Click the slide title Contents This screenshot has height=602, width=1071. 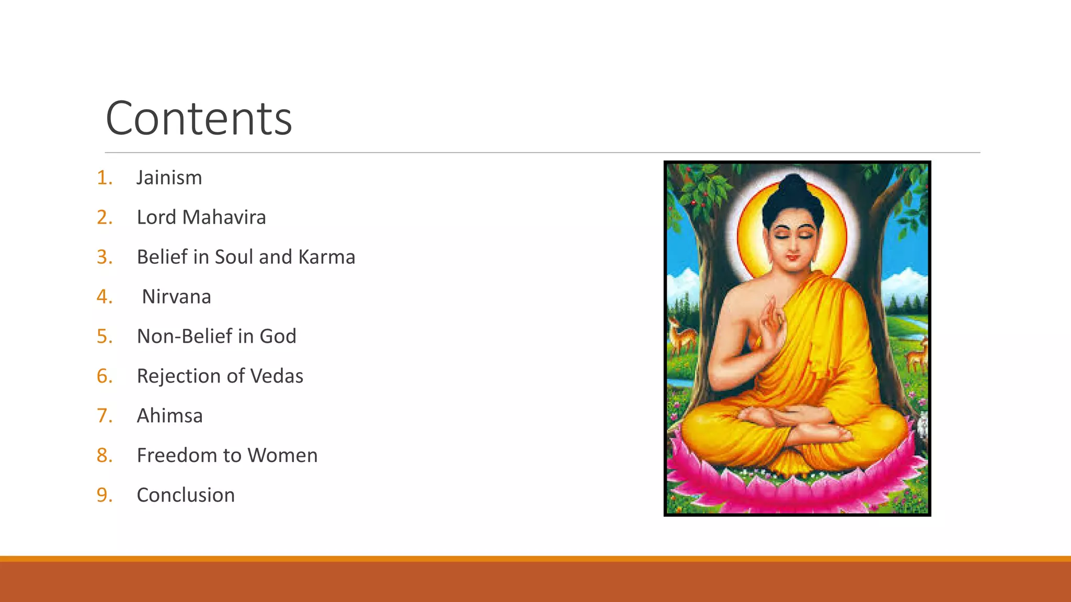coord(199,119)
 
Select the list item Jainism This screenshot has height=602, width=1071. coord(169,178)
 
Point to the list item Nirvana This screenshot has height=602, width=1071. coord(176,297)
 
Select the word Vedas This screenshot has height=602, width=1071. coord(277,376)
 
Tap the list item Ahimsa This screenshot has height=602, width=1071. coord(169,416)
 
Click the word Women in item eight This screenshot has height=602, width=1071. coord(282,456)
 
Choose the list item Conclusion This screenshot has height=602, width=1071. coord(186,495)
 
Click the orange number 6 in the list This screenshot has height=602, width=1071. coord(104,376)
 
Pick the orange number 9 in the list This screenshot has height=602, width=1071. coord(104,495)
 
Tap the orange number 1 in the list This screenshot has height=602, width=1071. coord(104,178)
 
